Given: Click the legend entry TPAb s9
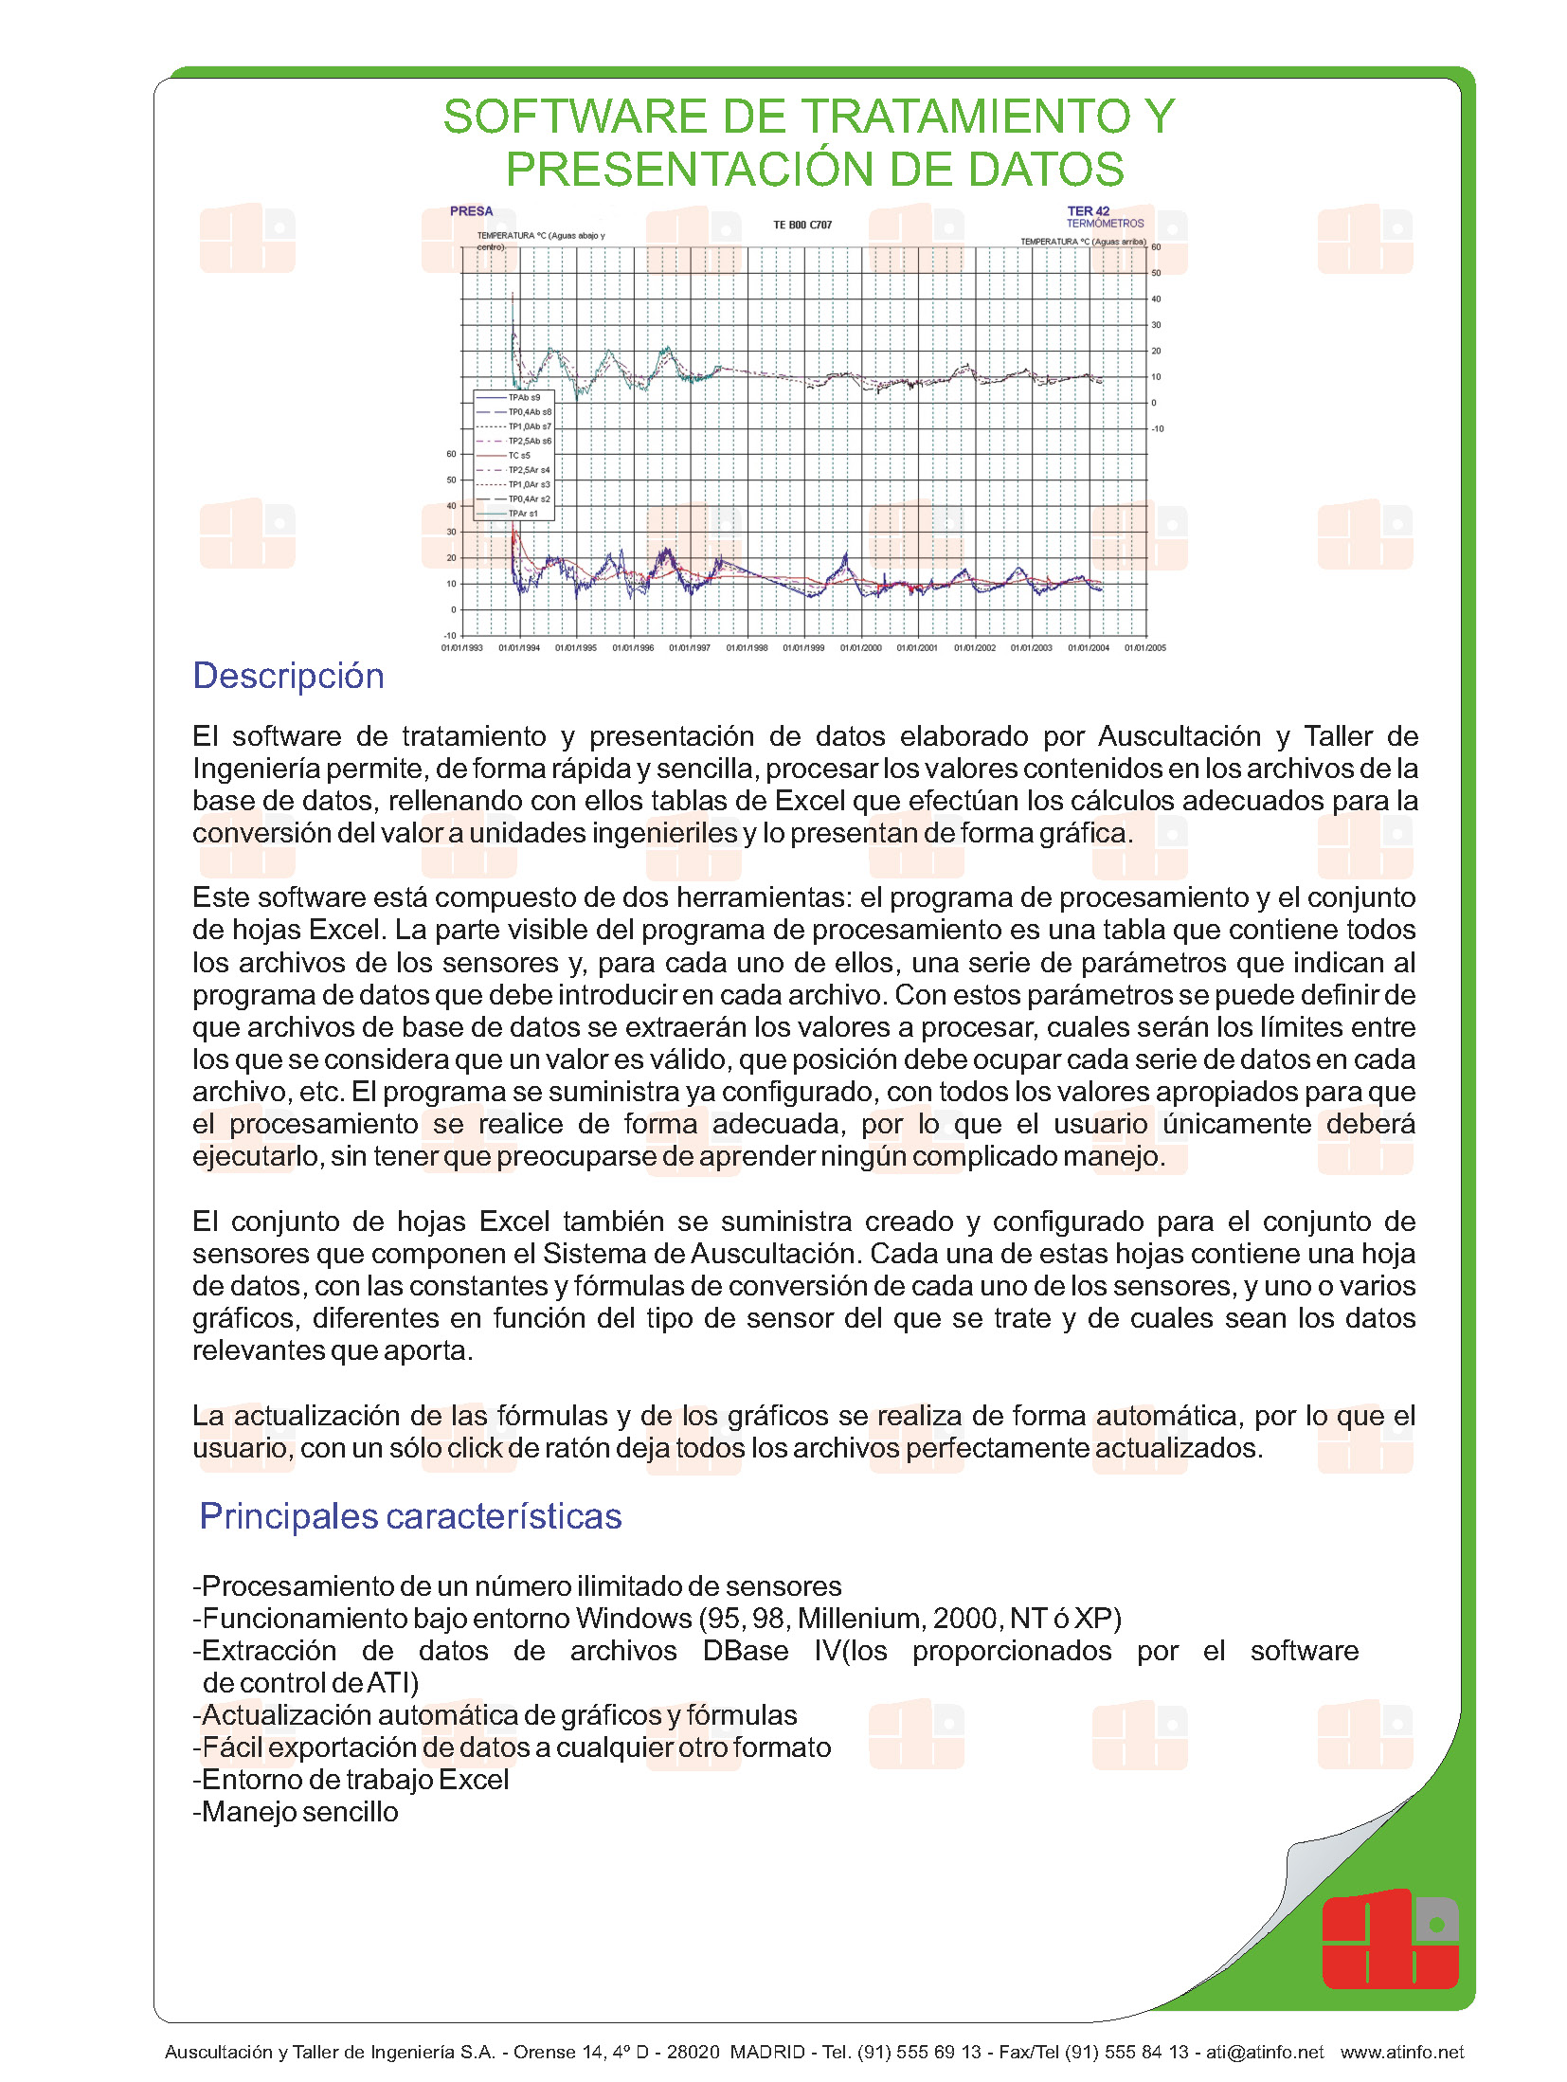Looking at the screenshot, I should click(x=523, y=398).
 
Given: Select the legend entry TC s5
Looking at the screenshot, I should click(x=518, y=456).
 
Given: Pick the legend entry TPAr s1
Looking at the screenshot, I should click(x=522, y=514).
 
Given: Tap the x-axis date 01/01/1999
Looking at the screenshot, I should click(x=803, y=648).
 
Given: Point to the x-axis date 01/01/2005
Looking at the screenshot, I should click(x=1144, y=648).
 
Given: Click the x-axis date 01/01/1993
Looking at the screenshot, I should click(x=462, y=648).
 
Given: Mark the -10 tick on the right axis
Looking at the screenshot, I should click(x=1158, y=429).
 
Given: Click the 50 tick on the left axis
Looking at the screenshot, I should click(x=452, y=480).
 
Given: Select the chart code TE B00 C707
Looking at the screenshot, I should click(x=802, y=226).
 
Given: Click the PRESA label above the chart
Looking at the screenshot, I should click(x=472, y=211).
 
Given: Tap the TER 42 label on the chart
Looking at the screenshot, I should click(x=1088, y=211).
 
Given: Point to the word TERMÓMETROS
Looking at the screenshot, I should click(x=1105, y=224).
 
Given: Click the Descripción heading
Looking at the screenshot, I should click(x=288, y=677).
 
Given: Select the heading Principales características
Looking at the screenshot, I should click(x=410, y=1516).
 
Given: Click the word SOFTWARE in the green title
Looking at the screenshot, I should click(x=575, y=118).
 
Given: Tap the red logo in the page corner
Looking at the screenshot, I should click(x=1389, y=1940).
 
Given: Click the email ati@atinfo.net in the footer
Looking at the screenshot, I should click(x=1264, y=2053).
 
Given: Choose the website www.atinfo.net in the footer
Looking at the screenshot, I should click(x=1401, y=2053).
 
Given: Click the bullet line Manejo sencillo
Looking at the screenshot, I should click(x=296, y=1812).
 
